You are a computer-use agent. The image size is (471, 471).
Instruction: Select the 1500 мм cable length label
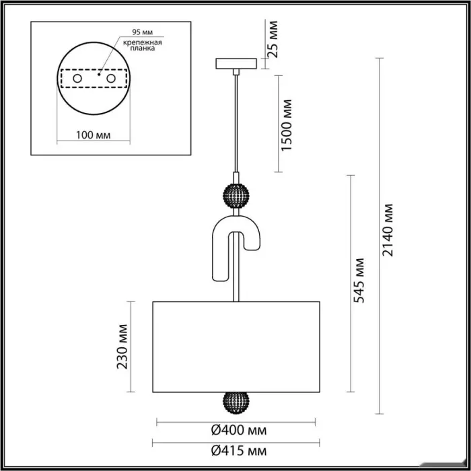coord(287,125)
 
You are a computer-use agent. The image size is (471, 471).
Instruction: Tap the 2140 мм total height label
coord(388,230)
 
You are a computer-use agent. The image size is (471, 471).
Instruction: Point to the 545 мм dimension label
coord(359,281)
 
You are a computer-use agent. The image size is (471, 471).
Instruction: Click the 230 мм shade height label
coord(122,347)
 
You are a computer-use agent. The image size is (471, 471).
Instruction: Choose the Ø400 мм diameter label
coord(239,431)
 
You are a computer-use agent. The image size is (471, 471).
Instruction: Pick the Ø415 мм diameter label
coord(239,451)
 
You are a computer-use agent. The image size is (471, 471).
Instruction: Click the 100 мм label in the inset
coord(93,135)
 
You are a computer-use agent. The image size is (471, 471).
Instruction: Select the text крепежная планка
coord(143,45)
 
